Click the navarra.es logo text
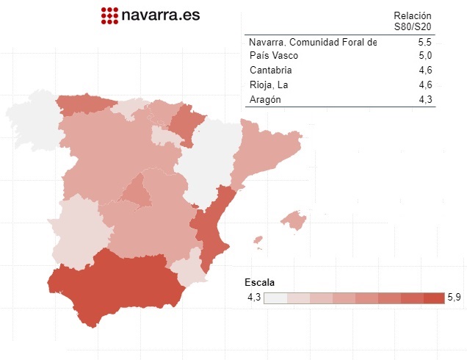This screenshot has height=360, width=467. tap(160, 14)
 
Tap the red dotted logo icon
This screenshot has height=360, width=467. tap(109, 15)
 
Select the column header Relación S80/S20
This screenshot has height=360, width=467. tap(412, 21)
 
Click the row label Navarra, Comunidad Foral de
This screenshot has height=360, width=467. tap(313, 42)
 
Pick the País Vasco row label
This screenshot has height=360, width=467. tap(274, 56)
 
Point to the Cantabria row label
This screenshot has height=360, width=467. tap(271, 71)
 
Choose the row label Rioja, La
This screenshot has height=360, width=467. tap(268, 85)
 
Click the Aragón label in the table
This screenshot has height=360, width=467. tap(265, 100)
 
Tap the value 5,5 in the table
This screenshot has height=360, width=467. tap(424, 42)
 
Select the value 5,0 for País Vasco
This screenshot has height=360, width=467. tap(424, 56)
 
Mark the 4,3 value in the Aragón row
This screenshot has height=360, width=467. tap(424, 100)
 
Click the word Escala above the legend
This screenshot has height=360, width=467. tap(259, 283)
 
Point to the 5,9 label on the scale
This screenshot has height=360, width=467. tap(454, 298)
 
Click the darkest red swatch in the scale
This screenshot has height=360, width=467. tap(434, 298)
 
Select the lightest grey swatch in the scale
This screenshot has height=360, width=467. tap(275, 298)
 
